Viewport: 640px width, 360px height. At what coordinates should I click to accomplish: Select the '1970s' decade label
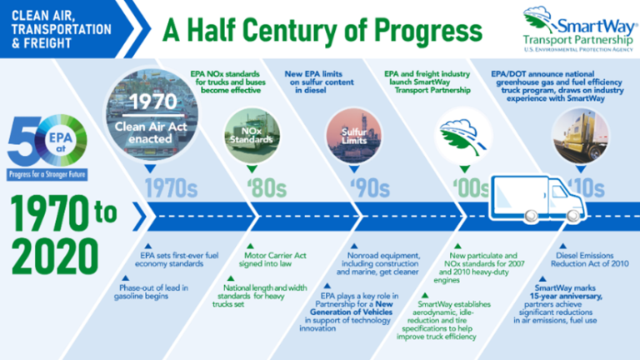coord(169,188)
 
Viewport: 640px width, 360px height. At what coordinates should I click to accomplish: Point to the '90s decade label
coord(362,188)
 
